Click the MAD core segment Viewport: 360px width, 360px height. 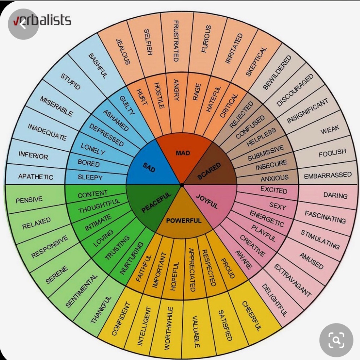183,153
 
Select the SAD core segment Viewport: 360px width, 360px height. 149,167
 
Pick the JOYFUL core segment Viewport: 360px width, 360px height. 207,202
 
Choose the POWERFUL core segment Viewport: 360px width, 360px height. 183,220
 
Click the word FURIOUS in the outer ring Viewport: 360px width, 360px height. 206,39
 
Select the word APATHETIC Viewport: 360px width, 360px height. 35,177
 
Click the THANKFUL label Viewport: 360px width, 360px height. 101,310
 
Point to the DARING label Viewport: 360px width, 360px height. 335,196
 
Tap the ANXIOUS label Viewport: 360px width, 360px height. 275,178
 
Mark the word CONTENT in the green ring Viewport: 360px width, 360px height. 93,194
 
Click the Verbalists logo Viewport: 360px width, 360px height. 42,21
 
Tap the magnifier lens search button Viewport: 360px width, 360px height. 336,340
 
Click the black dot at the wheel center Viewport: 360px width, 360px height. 182,185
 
